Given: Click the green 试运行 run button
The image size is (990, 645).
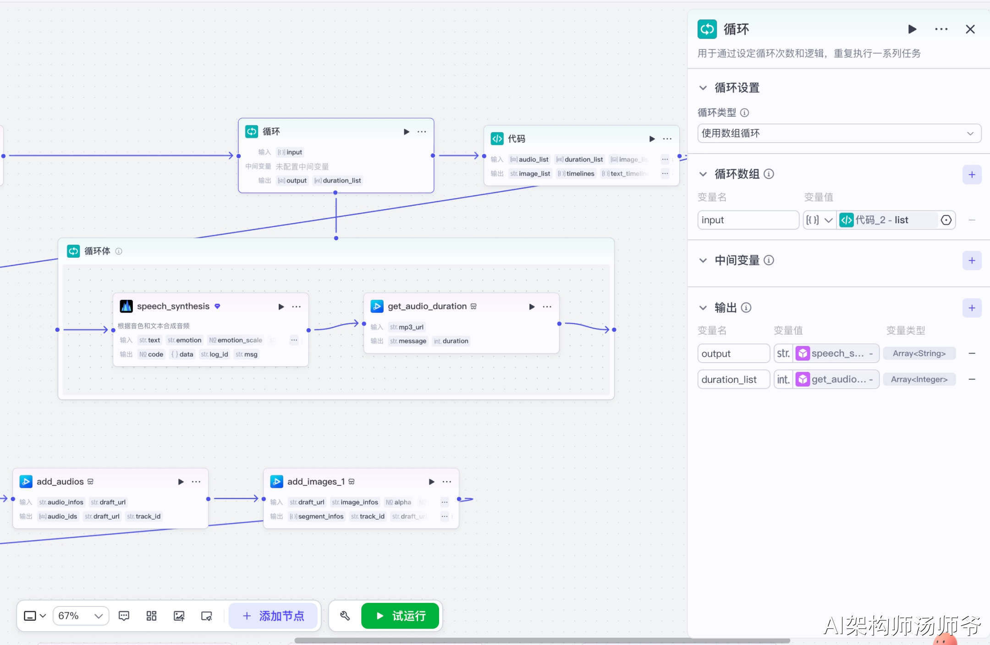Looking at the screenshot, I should point(400,616).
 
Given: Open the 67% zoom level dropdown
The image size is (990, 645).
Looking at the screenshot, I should point(81,616).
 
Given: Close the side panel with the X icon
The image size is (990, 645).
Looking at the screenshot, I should point(970,29).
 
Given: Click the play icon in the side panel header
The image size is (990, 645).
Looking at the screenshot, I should point(912,29).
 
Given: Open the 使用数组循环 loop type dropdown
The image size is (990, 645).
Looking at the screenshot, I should point(839,133).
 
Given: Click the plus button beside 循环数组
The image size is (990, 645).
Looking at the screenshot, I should point(972,175).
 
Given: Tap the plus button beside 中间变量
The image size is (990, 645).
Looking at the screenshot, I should point(972,261).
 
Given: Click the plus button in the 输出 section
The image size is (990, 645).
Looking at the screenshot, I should point(972,308).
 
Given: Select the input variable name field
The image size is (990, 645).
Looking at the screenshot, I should point(748,220).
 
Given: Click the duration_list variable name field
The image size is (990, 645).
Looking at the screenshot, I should point(733,380).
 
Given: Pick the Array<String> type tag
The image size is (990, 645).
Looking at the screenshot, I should point(919,353).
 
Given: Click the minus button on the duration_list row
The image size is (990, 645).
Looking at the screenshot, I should point(972,380).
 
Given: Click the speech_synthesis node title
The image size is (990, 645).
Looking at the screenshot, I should point(173,306).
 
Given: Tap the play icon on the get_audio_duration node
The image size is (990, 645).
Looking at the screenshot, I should point(532,307).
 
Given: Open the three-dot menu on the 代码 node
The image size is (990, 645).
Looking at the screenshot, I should point(667,139).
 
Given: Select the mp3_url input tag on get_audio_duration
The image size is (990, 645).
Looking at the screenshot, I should point(407,327).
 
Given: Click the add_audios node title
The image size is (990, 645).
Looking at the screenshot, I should point(60,481).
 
